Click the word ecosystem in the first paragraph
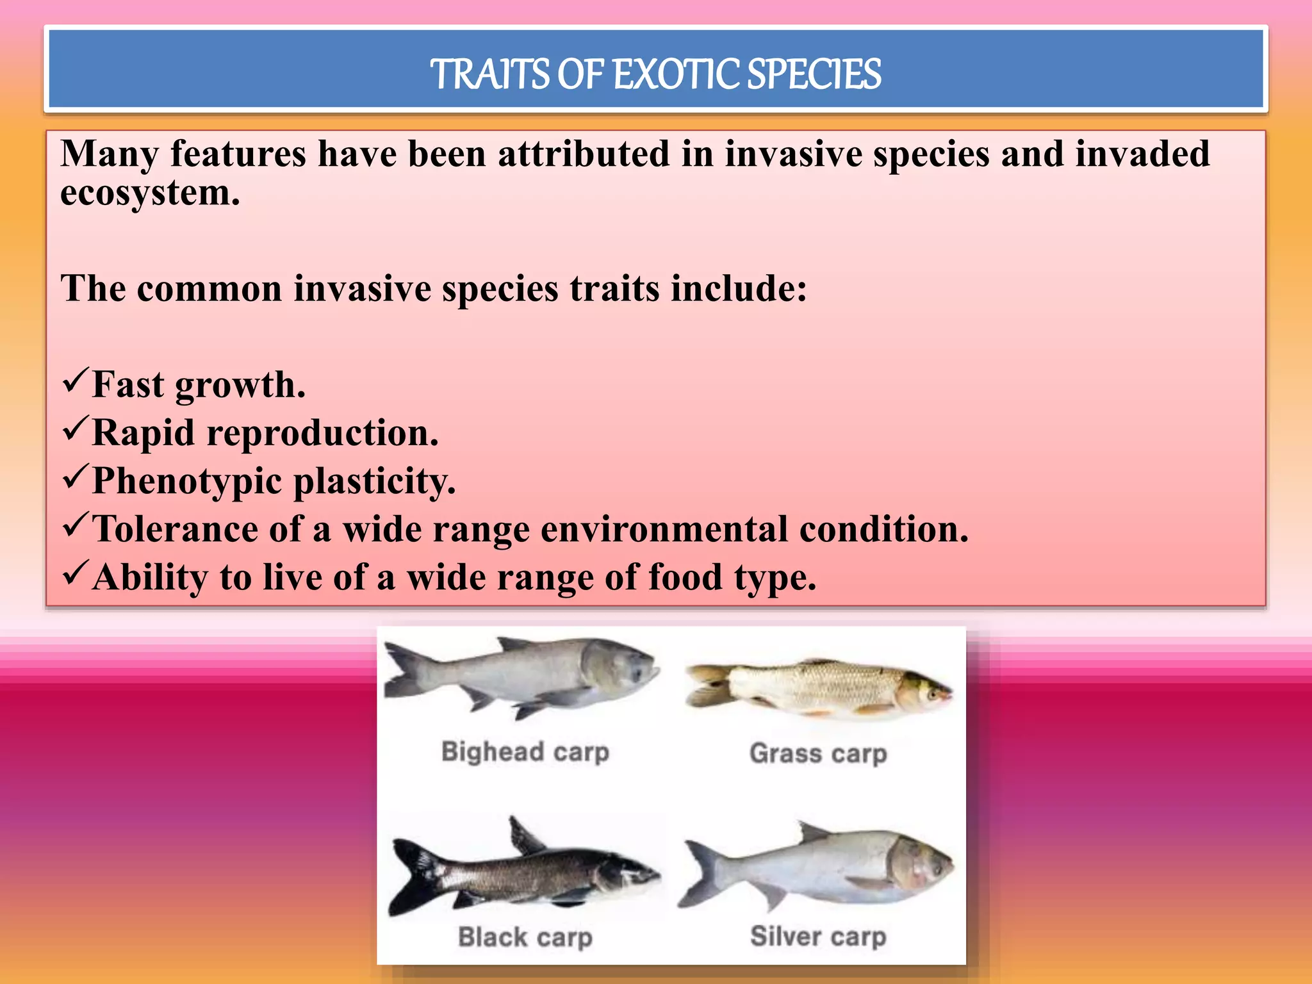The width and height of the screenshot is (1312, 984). tap(149, 193)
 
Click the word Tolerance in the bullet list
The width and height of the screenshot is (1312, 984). tap(174, 529)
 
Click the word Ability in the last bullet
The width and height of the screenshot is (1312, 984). tap(150, 577)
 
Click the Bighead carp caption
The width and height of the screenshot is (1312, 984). tap(525, 751)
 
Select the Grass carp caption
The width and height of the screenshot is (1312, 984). tap(818, 753)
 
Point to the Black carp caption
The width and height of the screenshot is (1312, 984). tap(525, 937)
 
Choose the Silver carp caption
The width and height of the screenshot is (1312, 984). tap(818, 937)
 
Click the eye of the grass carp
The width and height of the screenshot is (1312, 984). tap(931, 692)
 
